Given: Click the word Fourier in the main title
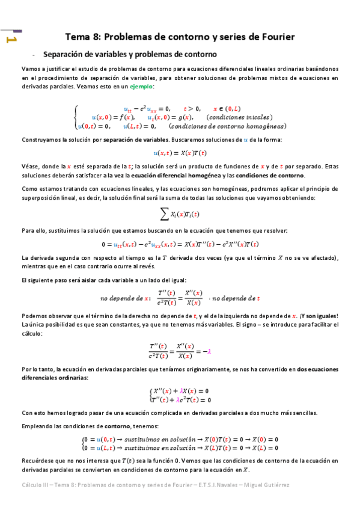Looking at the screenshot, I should [x=273, y=37].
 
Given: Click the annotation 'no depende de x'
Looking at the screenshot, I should [x=124, y=298].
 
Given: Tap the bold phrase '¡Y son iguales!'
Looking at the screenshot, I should [x=319, y=316].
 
